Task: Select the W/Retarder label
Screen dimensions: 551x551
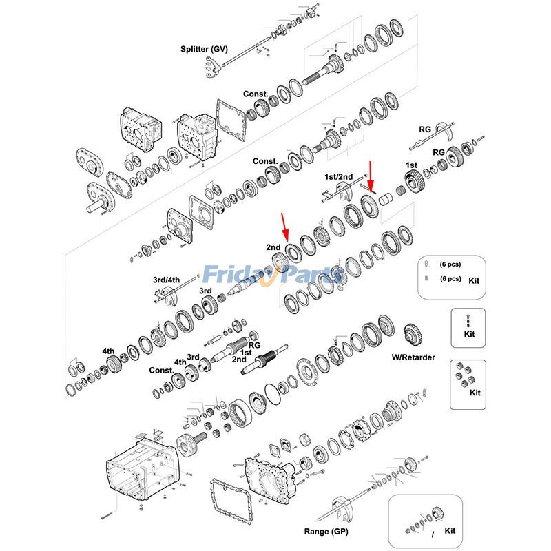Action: [x=413, y=357]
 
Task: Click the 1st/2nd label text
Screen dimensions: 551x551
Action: [x=338, y=177]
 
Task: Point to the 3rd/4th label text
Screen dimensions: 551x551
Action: [x=166, y=280]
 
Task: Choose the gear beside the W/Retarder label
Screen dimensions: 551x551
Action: [x=413, y=335]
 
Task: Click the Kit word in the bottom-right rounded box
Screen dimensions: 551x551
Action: [x=450, y=530]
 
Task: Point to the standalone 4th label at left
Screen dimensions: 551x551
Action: [x=108, y=350]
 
